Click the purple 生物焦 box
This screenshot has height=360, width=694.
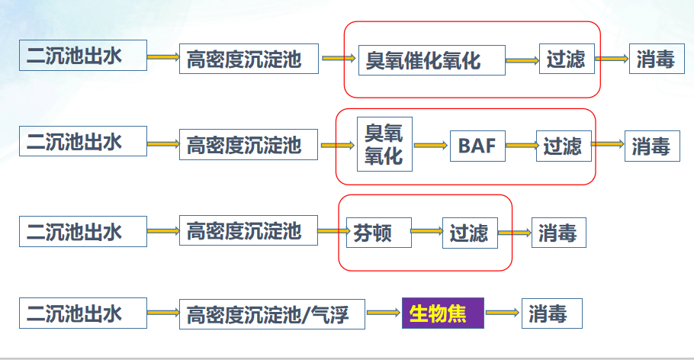tap(443, 313)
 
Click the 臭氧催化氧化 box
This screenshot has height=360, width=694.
tap(432, 60)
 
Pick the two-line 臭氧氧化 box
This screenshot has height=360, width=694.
tap(384, 144)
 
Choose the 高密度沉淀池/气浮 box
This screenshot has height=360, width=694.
tap(272, 313)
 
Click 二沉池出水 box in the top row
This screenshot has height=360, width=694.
tap(83, 55)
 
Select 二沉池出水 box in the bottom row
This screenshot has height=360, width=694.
tap(83, 313)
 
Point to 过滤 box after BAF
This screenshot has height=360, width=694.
tap(564, 145)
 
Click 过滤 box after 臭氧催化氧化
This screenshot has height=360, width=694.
tap(567, 59)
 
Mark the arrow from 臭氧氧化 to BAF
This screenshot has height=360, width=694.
tap(430, 145)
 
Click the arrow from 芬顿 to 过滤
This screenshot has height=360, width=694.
tap(426, 232)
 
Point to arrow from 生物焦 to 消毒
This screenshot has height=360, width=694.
tap(503, 313)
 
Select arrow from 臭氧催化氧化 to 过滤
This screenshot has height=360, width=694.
tap(522, 60)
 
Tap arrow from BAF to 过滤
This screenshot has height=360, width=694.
tap(521, 145)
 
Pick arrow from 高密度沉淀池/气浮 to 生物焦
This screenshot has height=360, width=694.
tap(384, 313)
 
